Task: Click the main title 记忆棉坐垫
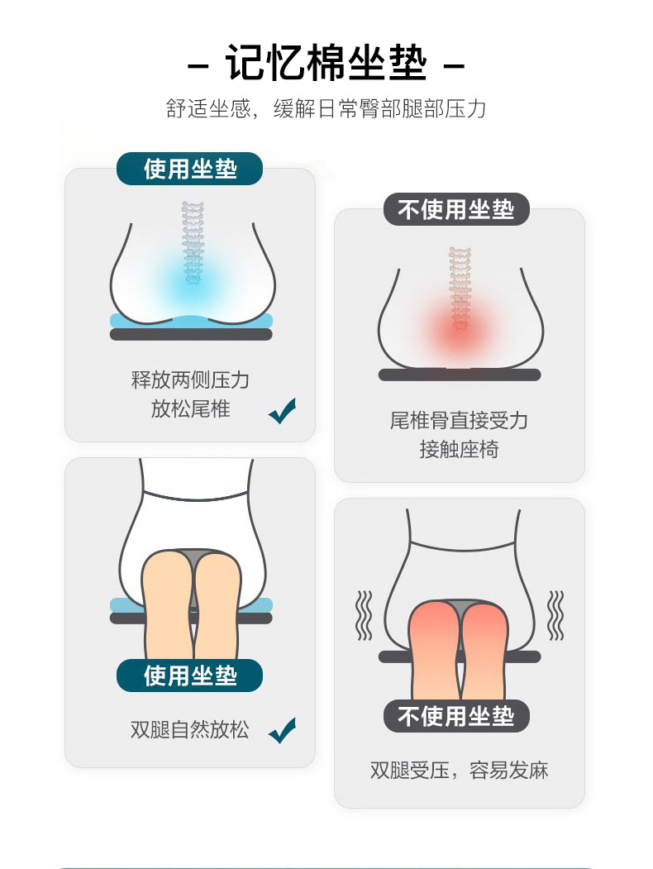[326, 64]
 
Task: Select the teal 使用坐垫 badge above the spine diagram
[190, 169]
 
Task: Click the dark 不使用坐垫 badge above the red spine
[456, 209]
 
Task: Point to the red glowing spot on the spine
[460, 327]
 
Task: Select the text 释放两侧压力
[190, 380]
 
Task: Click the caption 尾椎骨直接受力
[459, 421]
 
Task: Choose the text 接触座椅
[459, 451]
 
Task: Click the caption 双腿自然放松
[189, 730]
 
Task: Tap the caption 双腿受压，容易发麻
[459, 771]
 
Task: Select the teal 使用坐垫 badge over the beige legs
[190, 676]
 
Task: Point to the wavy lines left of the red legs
[363, 615]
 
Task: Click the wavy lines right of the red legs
[556, 615]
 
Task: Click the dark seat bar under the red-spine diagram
[460, 375]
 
